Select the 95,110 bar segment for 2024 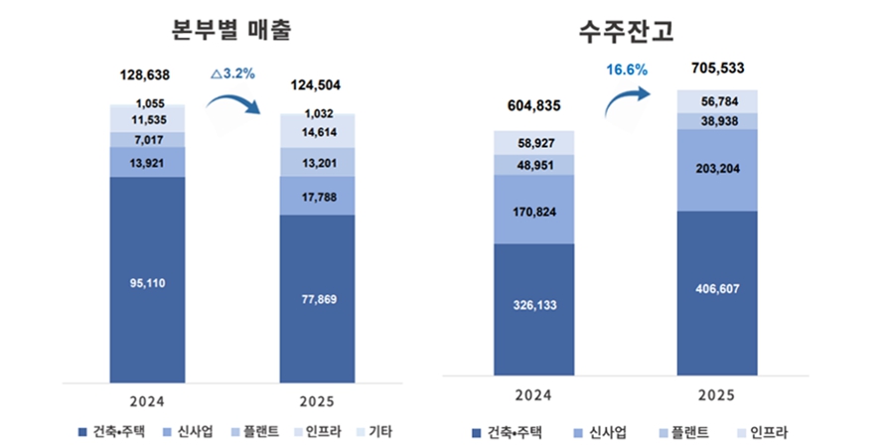coord(147,282)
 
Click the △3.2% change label coord(234,73)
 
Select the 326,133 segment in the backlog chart coord(533,306)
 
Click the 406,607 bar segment coord(716,290)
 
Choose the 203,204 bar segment coord(716,169)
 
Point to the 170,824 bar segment coord(533,209)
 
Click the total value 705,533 coord(716,69)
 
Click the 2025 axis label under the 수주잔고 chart coord(716,395)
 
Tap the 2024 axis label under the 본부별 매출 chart coord(147,401)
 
